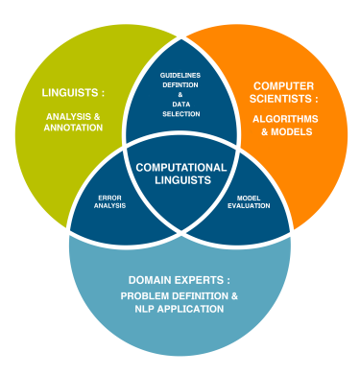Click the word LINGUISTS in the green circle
68,93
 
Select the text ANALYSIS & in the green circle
73,115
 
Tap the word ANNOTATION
74,127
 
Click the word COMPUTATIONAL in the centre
181,167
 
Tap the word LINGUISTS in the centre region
181,180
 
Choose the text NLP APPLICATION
180,309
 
